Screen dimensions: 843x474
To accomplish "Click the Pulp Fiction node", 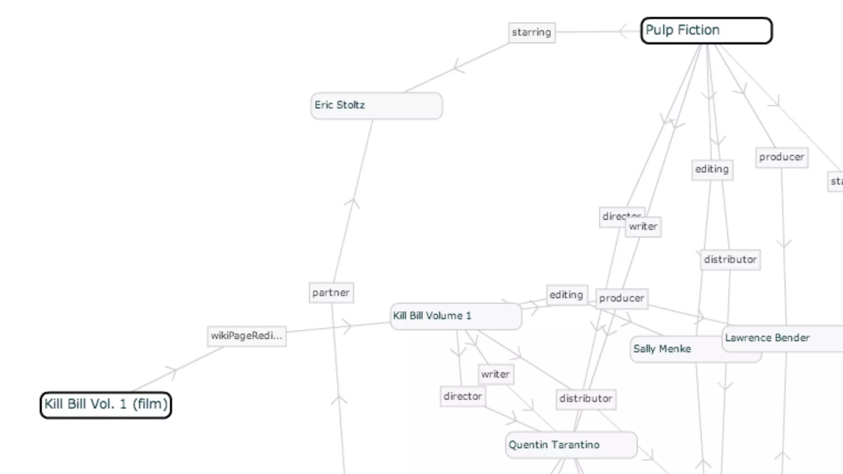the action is pos(706,30).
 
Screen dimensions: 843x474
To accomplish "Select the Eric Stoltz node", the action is pos(376,106).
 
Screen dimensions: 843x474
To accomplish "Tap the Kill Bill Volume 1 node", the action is pos(456,316).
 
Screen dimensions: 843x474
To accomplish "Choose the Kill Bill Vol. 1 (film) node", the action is pos(106,405).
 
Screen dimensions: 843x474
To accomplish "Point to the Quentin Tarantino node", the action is pos(571,445).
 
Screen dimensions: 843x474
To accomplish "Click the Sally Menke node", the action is pos(675,349).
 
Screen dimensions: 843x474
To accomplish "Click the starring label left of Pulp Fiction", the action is pos(532,33).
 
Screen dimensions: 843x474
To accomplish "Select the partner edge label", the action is pos(331,293).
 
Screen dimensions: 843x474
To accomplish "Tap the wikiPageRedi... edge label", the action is pos(247,336).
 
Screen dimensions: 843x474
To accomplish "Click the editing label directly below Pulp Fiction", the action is pos(712,170).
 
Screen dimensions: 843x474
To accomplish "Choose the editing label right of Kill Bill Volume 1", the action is pos(566,295).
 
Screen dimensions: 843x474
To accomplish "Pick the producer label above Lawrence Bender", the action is pos(782,157).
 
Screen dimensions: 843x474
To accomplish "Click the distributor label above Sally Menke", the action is pos(730,260).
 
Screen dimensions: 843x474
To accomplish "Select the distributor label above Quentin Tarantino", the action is pos(586,399).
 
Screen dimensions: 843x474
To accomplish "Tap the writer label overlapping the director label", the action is pos(643,227).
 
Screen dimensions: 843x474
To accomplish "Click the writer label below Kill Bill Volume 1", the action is pos(496,374).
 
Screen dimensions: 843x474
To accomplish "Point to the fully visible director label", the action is pos(463,397).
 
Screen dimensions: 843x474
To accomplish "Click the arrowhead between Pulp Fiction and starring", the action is pos(623,31).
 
